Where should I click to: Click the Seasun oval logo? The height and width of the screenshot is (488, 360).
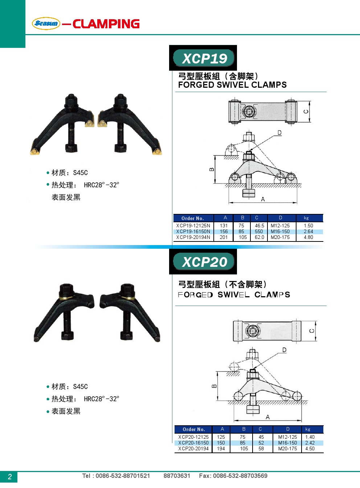pyautogui.click(x=46, y=23)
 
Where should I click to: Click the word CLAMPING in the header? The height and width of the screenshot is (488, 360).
pyautogui.click(x=106, y=24)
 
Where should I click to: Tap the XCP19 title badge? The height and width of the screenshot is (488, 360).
pyautogui.click(x=204, y=58)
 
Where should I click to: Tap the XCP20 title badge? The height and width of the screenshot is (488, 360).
pyautogui.click(x=204, y=261)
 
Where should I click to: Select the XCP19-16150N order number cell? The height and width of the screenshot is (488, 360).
pyautogui.click(x=193, y=231)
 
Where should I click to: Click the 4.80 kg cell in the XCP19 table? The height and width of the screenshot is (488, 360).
pyautogui.click(x=308, y=237)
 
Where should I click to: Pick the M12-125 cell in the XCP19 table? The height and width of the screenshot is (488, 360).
pyautogui.click(x=280, y=226)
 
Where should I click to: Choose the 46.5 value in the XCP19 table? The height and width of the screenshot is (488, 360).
pyautogui.click(x=259, y=226)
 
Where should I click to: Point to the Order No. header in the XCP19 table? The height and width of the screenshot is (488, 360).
pyautogui.click(x=193, y=218)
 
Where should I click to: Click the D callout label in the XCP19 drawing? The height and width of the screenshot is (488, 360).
pyautogui.click(x=279, y=133)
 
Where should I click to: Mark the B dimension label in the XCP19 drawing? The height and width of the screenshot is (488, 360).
pyautogui.click(x=212, y=169)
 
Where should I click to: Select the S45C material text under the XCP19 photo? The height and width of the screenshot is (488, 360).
pyautogui.click(x=80, y=173)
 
